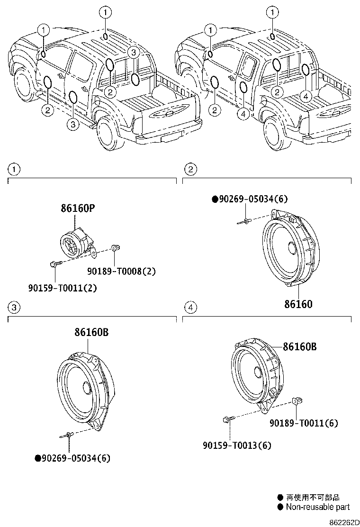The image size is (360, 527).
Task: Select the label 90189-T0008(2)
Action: click(121, 271)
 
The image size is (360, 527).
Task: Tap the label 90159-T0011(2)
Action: click(63, 287)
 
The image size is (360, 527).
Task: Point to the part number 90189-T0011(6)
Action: click(304, 423)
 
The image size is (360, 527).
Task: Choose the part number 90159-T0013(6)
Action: click(237, 445)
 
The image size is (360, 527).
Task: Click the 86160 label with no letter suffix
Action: click(298, 304)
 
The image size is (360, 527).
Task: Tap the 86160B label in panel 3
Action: click(91, 333)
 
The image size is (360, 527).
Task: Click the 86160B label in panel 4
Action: click(299, 347)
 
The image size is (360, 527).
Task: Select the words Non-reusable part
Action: click(317, 507)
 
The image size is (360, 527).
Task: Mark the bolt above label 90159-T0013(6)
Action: click(226, 419)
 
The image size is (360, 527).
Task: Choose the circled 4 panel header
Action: click(190, 308)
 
